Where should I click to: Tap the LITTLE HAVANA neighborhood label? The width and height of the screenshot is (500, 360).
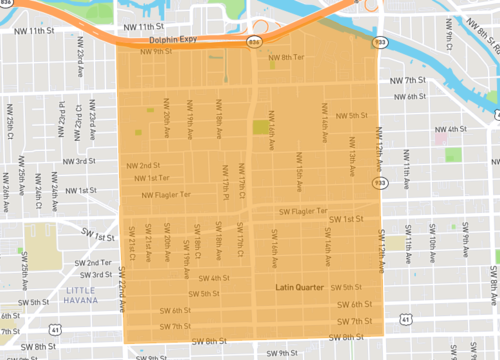[86, 296]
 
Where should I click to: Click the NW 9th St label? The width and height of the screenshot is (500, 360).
[157, 51]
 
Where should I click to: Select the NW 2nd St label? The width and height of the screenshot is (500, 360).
[143, 165]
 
